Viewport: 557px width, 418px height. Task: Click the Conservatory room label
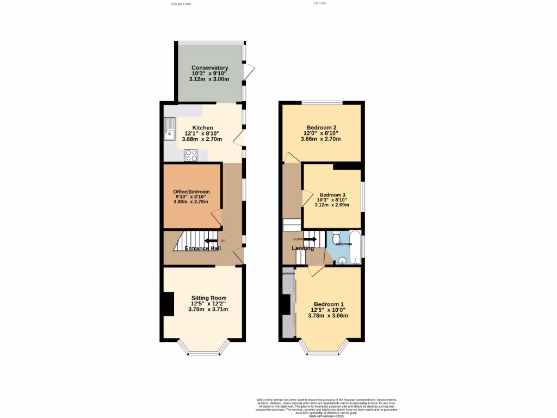point(209,68)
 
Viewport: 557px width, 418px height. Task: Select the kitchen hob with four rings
point(191,155)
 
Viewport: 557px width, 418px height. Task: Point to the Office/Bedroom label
point(191,192)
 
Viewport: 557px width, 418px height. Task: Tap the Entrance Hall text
point(202,249)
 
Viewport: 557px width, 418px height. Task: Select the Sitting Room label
point(209,298)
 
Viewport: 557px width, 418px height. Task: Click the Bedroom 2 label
point(321,127)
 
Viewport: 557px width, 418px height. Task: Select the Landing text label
point(303,248)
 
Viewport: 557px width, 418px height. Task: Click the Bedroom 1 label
point(329,304)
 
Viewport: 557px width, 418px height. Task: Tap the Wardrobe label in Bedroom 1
point(288,273)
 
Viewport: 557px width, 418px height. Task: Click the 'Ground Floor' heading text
point(181,4)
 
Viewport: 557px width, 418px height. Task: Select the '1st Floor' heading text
point(320,3)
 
